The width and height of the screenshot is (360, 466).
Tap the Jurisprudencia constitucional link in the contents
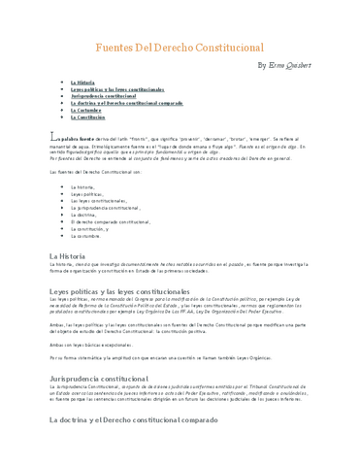(x=103, y=97)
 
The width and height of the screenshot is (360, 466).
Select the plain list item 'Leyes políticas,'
(x=86, y=193)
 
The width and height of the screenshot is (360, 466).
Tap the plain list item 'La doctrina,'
(x=83, y=215)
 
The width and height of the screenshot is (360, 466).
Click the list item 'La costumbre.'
(x=86, y=236)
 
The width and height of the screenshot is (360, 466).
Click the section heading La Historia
(x=68, y=255)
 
